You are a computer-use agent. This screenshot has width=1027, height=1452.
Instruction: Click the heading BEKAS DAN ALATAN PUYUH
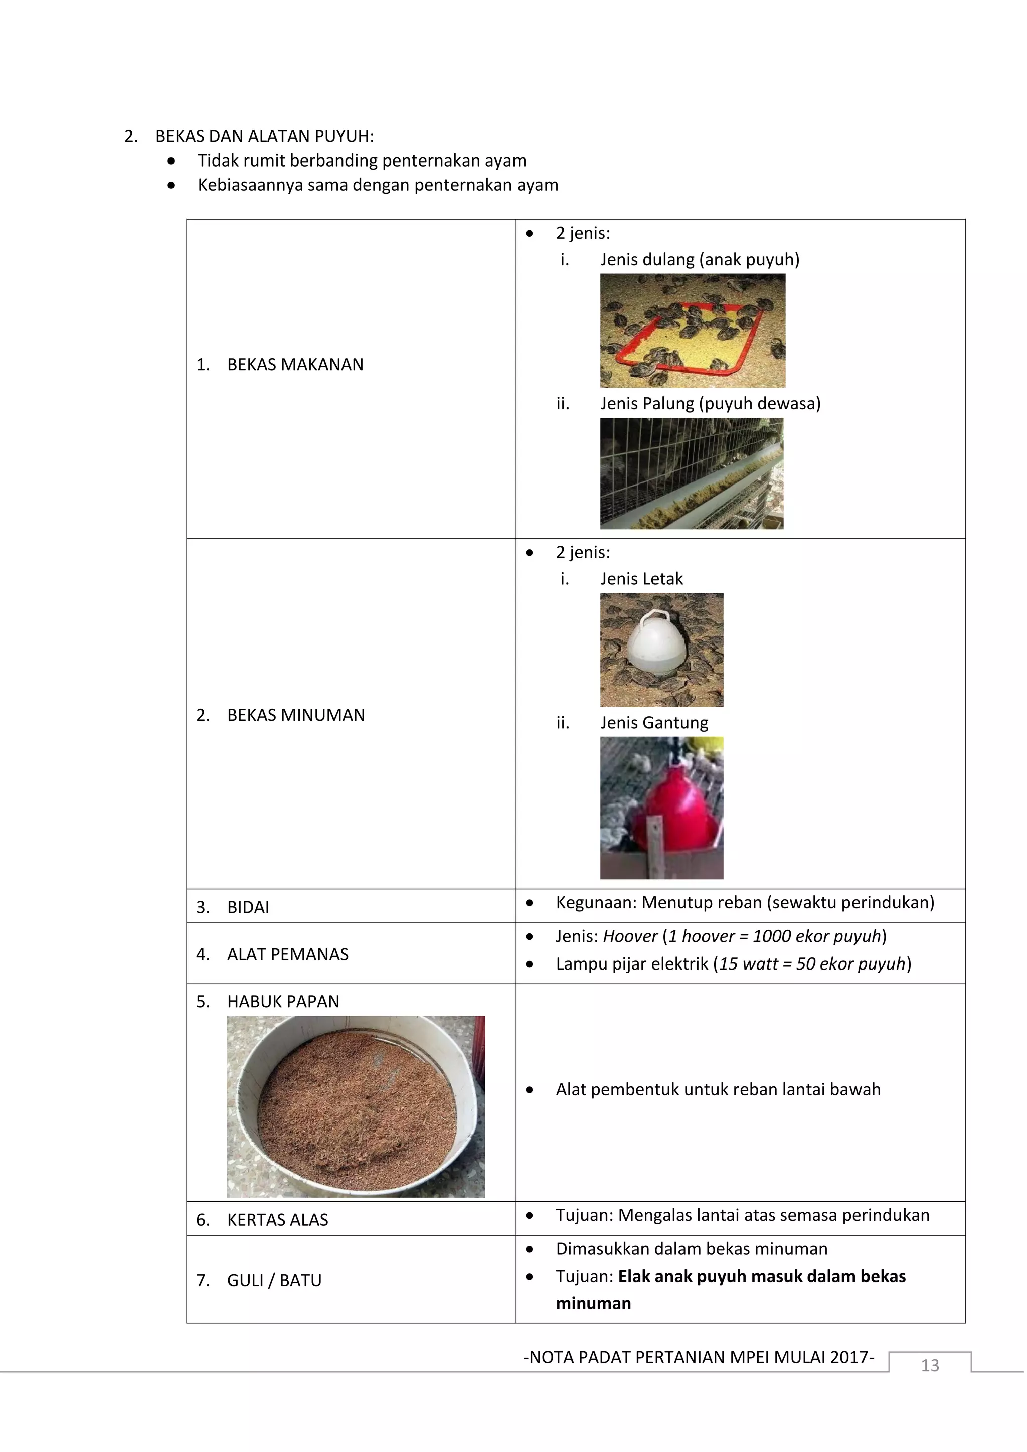pos(264,136)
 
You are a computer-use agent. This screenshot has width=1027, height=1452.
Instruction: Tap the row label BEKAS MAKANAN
pos(295,365)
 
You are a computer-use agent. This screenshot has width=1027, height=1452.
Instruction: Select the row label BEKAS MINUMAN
pos(295,715)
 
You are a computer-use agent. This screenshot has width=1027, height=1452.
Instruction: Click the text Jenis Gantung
pos(654,723)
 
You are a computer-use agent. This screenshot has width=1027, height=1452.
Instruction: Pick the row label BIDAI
pos(248,907)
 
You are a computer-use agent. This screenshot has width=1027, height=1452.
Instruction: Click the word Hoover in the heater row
pos(630,936)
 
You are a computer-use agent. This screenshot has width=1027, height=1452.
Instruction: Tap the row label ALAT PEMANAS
pos(287,955)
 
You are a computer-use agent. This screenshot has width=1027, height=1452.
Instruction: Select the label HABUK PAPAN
pos(283,1002)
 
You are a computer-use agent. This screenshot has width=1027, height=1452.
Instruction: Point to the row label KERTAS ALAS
pos(277,1220)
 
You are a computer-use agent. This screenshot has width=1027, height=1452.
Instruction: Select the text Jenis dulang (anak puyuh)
pos(700,260)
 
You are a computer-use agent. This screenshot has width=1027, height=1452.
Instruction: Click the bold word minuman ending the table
pos(593,1304)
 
